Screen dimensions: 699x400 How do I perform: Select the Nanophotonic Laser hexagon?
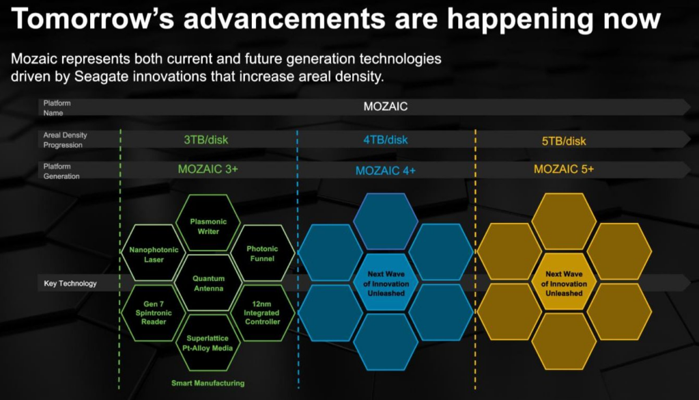tap(154, 253)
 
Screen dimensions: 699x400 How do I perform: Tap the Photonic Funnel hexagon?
tap(263, 253)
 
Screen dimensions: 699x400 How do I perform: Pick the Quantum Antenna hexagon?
tap(208, 283)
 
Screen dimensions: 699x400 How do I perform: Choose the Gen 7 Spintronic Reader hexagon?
tap(154, 313)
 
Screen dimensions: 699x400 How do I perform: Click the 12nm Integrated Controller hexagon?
tap(263, 313)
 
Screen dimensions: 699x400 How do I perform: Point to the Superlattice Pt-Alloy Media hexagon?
tap(208, 343)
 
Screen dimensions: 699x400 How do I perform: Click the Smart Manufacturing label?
tap(208, 383)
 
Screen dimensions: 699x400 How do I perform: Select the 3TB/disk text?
tap(206, 139)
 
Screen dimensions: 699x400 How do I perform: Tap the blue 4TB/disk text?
tap(386, 139)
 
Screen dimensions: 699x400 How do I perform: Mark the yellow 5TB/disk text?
tap(564, 141)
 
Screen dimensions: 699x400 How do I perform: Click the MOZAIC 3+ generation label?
tap(208, 169)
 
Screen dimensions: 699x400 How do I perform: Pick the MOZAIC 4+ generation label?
tap(386, 170)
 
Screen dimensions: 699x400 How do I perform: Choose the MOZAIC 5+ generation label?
tap(564, 169)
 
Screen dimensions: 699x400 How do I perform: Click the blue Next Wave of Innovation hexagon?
tap(386, 282)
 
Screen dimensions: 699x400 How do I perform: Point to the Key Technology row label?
tap(70, 284)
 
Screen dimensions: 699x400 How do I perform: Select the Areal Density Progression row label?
tap(65, 139)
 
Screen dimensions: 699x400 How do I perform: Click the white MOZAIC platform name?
tap(386, 107)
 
